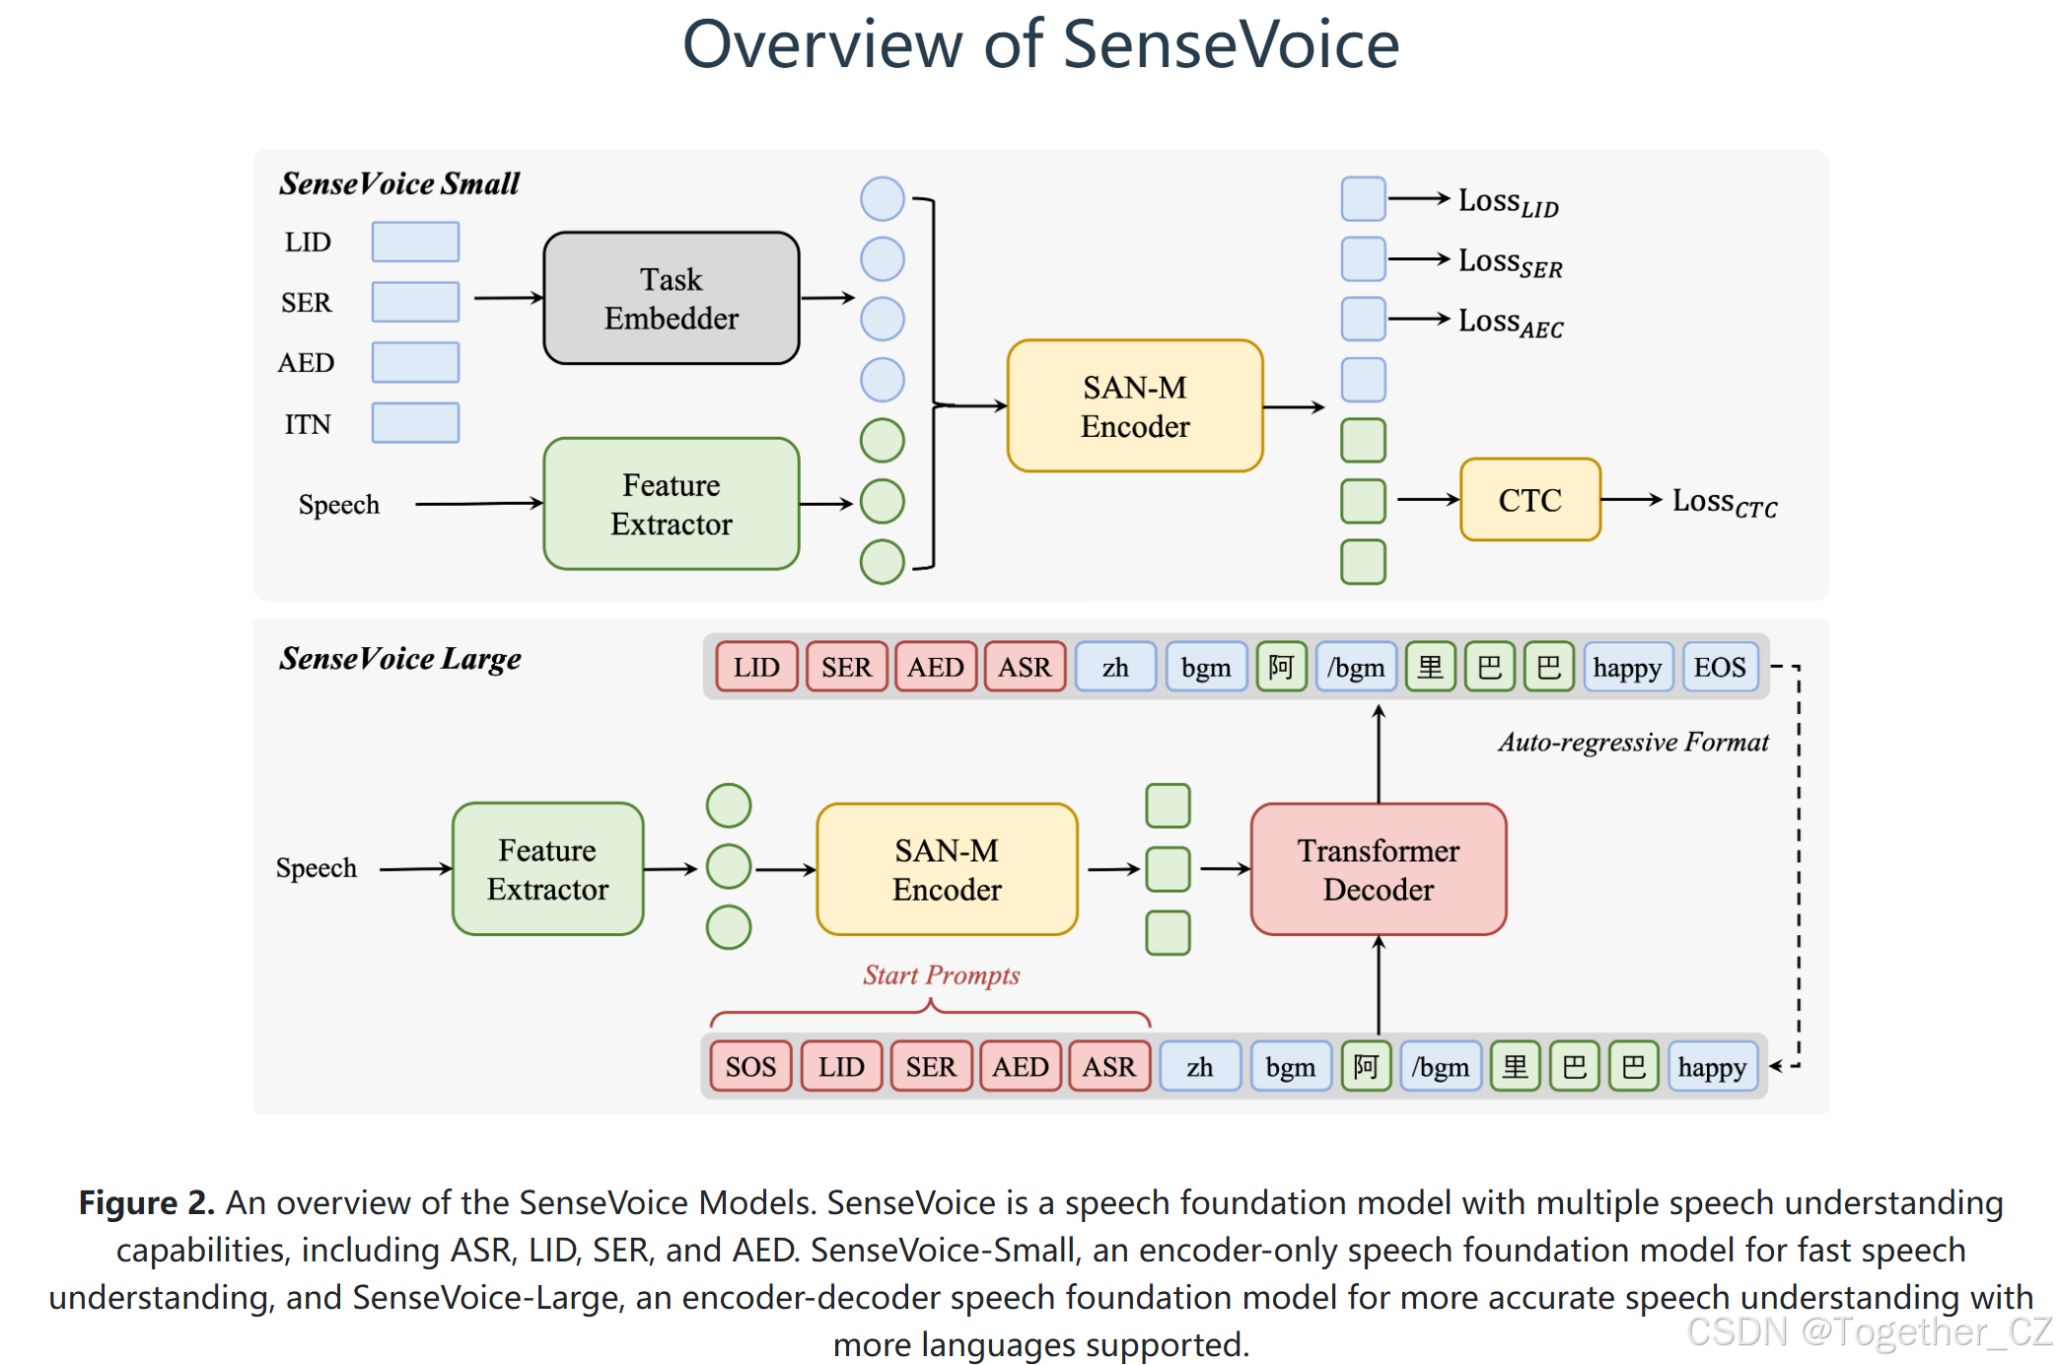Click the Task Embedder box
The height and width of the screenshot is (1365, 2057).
pos(671,298)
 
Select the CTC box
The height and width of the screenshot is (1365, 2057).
pos(1528,500)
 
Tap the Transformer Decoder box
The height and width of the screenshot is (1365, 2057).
pos(1378,869)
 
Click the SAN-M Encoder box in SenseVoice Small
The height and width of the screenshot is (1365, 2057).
pos(1134,406)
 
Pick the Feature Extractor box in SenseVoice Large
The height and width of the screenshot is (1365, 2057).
pos(547,869)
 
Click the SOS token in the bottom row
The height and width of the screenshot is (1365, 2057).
pos(750,1066)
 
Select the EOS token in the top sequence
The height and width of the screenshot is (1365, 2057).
pos(1719,668)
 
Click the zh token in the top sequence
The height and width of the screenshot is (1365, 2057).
pos(1115,668)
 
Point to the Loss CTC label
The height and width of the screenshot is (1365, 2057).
pos(1724,502)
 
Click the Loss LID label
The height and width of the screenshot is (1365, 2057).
pos(1508,201)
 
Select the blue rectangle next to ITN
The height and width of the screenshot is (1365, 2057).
pos(415,423)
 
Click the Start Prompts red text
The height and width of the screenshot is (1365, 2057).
pos(941,974)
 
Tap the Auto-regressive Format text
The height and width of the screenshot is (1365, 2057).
pos(1633,742)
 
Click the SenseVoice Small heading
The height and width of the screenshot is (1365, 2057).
pos(398,183)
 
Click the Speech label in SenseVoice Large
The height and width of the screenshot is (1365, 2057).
pos(316,868)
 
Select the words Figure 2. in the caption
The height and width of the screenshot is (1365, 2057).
pos(146,1202)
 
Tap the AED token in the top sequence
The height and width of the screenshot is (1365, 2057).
pos(935,668)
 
